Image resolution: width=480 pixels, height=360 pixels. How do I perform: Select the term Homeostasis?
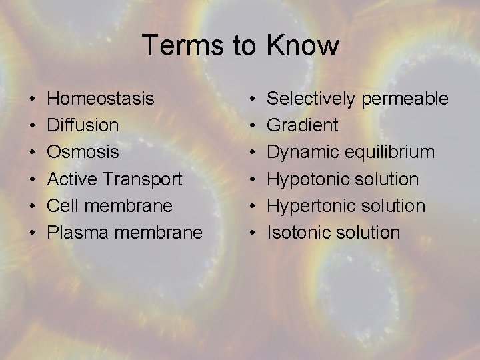click(101, 99)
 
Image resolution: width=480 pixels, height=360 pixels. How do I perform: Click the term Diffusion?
click(83, 125)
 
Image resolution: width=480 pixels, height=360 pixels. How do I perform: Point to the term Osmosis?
click(83, 152)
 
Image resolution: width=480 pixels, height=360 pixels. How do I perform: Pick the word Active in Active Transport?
click(69, 179)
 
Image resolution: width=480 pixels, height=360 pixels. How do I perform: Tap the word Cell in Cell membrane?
click(61, 205)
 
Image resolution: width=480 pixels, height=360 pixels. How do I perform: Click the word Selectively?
click(311, 99)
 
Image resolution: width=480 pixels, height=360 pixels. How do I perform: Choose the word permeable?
click(405, 99)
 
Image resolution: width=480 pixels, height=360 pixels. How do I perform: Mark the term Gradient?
click(303, 125)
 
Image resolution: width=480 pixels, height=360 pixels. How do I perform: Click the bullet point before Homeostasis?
click(33, 99)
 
